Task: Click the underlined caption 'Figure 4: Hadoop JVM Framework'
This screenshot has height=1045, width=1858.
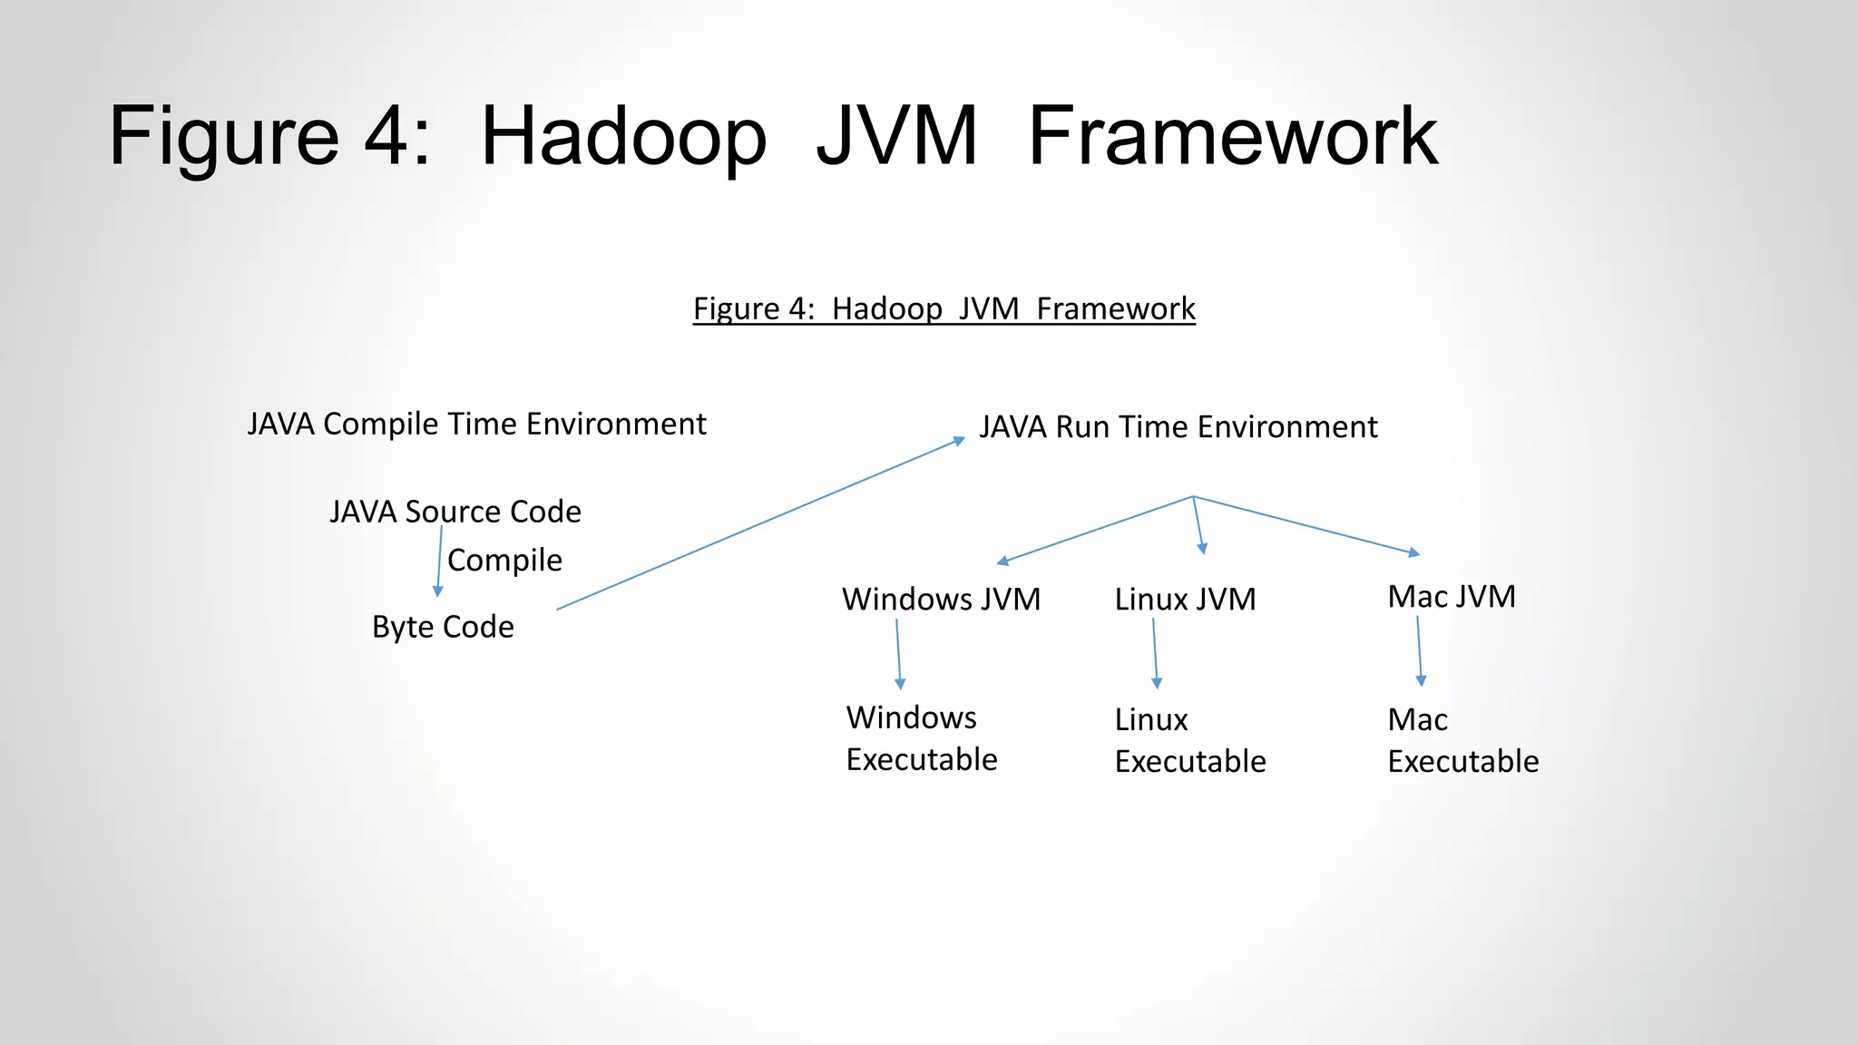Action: click(944, 309)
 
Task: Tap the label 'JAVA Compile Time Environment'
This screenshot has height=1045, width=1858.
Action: click(476, 425)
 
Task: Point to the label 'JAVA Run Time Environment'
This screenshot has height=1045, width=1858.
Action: click(1178, 427)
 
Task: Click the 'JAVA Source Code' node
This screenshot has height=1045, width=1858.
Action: click(455, 512)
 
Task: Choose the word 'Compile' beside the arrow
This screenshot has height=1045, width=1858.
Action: click(504, 560)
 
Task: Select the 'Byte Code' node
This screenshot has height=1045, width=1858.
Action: click(443, 627)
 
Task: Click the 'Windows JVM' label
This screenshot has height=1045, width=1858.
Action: click(941, 600)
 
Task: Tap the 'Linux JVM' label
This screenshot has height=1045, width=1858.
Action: click(1185, 600)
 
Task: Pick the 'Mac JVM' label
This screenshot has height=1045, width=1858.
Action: click(1452, 597)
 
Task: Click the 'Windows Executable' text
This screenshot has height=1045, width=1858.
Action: click(921, 738)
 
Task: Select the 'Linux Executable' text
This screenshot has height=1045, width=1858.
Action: click(1189, 740)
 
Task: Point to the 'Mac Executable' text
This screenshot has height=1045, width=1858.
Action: click(1462, 740)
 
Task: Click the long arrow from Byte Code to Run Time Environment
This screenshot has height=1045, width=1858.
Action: click(760, 524)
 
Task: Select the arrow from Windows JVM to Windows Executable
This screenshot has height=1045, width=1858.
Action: click(898, 654)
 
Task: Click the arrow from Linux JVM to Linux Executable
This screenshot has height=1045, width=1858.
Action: click(1155, 653)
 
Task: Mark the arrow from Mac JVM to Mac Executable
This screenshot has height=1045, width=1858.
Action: click(1420, 650)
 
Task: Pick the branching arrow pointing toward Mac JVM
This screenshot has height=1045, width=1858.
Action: click(1306, 525)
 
